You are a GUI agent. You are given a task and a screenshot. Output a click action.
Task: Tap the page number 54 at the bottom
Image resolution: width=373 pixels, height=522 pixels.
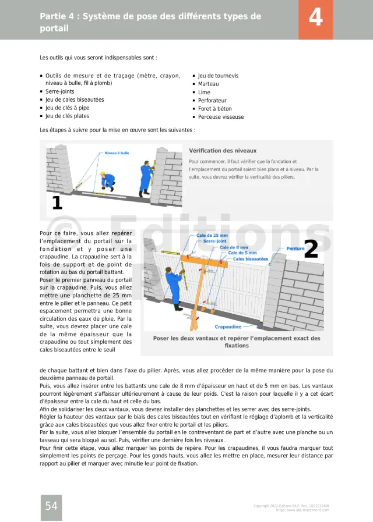[x=51, y=506]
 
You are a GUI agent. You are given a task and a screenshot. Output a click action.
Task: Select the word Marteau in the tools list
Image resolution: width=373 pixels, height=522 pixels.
[x=208, y=84]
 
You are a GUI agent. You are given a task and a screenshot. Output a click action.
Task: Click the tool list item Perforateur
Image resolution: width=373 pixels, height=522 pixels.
[x=212, y=100]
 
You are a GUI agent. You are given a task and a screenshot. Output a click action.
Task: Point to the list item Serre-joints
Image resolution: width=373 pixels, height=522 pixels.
[x=59, y=91]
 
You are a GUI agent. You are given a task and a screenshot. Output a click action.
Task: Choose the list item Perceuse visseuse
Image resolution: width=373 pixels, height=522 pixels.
[x=221, y=117]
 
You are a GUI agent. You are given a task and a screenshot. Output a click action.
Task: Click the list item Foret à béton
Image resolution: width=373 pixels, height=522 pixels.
[x=214, y=108]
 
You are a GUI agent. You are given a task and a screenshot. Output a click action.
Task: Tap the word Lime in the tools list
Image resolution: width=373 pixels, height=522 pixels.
[x=204, y=92]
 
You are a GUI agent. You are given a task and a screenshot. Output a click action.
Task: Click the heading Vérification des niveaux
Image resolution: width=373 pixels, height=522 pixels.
[x=223, y=151]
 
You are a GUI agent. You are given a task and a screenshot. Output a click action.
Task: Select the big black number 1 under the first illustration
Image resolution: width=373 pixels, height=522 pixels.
[x=57, y=203]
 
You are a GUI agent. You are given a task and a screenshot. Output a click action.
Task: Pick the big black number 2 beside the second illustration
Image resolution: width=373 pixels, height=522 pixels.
[x=311, y=249]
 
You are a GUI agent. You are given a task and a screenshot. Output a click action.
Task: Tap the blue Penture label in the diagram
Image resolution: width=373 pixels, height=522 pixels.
[x=295, y=248]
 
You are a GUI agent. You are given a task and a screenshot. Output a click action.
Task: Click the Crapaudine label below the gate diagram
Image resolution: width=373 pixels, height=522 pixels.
[x=228, y=327]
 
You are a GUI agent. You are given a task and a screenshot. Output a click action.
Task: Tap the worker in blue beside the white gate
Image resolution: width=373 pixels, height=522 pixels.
[x=174, y=285]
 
